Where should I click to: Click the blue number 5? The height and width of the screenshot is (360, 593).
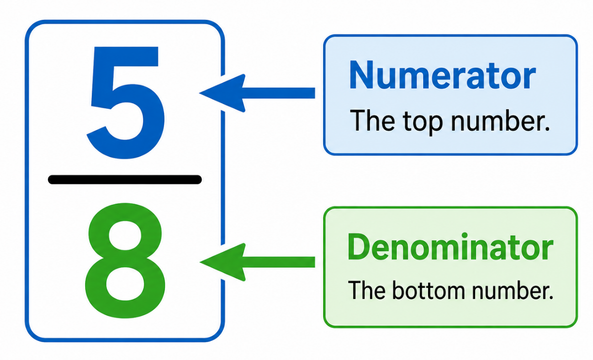pyautogui.click(x=126, y=104)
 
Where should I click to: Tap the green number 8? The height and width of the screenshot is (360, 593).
pyautogui.click(x=125, y=260)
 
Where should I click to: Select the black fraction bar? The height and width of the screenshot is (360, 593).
pyautogui.click(x=125, y=180)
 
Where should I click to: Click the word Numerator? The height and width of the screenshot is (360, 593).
pyautogui.click(x=443, y=75)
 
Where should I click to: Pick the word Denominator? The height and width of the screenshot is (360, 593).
pyautogui.click(x=450, y=247)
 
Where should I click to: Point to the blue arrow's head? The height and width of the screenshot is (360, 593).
pyautogui.click(x=222, y=93)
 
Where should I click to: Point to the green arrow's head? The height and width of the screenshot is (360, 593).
pyautogui.click(x=223, y=262)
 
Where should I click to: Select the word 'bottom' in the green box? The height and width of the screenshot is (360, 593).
pyautogui.click(x=429, y=290)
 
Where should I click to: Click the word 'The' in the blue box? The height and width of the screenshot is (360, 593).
pyautogui.click(x=372, y=120)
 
